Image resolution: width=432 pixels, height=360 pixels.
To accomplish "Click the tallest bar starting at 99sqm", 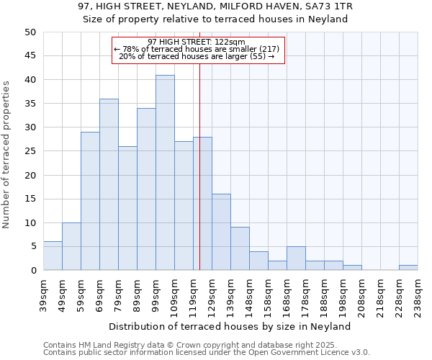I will (x=165, y=173).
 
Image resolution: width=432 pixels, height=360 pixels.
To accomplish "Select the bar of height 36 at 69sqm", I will (x=109, y=184).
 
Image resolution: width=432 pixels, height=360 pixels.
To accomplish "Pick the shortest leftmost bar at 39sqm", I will (x=53, y=256).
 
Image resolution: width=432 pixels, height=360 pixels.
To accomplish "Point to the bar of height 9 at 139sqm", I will (x=240, y=248).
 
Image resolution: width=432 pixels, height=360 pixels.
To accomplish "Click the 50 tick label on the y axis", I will (x=30, y=32).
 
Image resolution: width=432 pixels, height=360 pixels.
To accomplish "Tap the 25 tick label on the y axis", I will (x=30, y=151).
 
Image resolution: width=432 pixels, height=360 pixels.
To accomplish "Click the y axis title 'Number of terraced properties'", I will (x=6, y=155).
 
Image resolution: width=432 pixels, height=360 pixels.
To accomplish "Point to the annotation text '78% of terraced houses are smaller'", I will (x=199, y=49).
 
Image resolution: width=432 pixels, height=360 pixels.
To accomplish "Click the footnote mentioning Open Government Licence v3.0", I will (x=207, y=353).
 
